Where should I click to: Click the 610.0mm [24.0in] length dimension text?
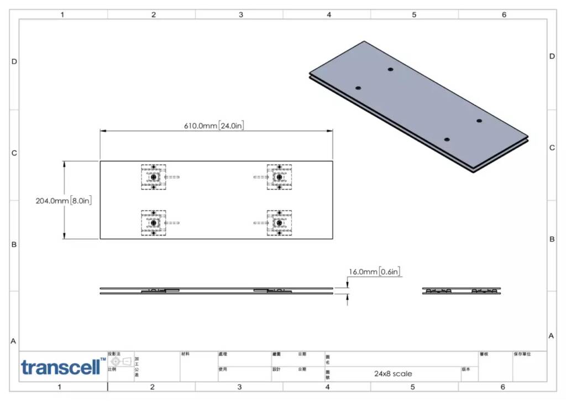214,126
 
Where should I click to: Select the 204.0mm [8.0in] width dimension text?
64,201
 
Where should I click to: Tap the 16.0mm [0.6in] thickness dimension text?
374,272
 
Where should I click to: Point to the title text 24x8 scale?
392,373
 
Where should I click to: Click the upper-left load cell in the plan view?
153,177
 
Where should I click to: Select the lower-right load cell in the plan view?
279,222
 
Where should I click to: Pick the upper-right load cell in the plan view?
279,177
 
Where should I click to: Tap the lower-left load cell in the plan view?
153,222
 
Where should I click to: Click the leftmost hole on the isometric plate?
358,88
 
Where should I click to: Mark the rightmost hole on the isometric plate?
479,121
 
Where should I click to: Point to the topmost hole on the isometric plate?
390,70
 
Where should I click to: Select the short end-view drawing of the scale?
462,291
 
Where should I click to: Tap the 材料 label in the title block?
185,354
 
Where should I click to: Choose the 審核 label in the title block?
484,354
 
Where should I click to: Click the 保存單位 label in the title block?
522,354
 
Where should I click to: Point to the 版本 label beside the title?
466,369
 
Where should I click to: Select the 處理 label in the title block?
223,354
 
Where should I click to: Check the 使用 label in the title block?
223,369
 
